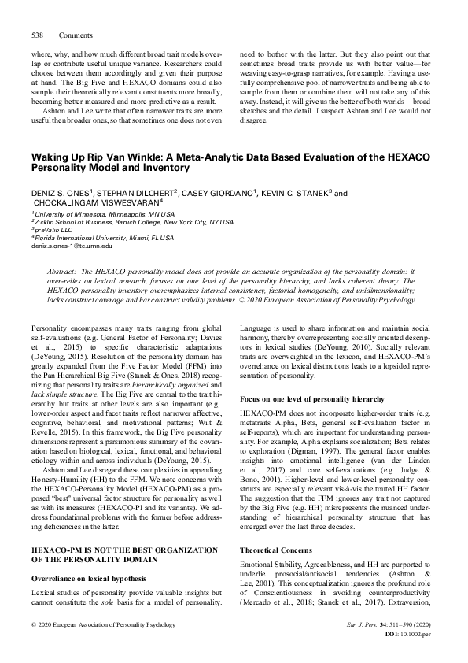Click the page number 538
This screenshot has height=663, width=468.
(x=37, y=35)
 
